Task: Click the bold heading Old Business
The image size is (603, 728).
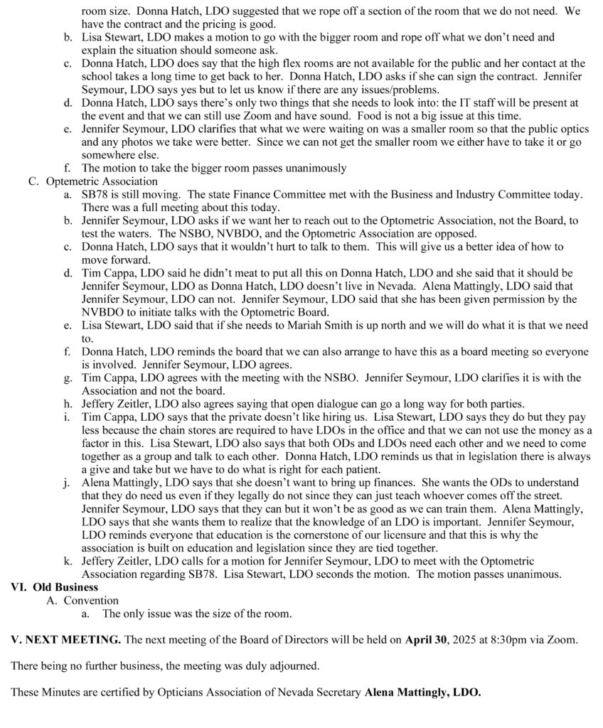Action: pyautogui.click(x=65, y=587)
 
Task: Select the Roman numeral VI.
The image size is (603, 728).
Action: pyautogui.click(x=18, y=587)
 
